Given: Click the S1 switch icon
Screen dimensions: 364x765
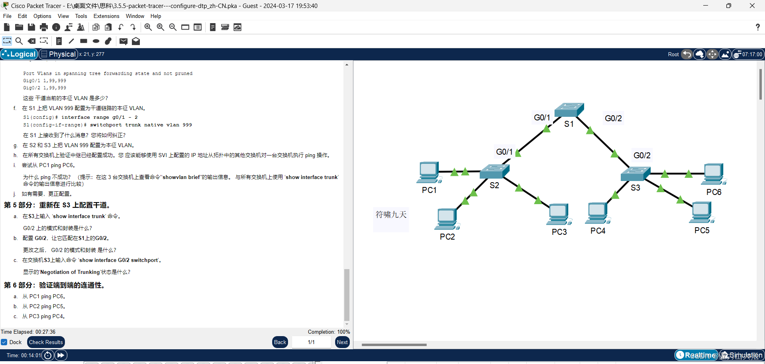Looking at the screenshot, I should tap(569, 110).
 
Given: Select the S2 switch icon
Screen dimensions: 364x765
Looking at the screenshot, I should tap(494, 171).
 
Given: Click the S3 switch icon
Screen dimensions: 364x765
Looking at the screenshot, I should tap(635, 174).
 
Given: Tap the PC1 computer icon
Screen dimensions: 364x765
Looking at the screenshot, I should tap(429, 173).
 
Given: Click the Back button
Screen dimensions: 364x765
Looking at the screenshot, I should tap(280, 342).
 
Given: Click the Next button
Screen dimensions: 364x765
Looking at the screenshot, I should tap(342, 342).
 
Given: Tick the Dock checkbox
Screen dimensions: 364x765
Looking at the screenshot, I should tap(4, 342).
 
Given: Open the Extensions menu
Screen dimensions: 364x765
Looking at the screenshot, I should tap(106, 16).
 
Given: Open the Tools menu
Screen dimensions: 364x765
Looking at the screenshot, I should tap(81, 16).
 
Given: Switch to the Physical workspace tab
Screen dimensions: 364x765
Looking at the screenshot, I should tap(59, 54).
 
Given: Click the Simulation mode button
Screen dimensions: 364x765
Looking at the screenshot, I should tap(741, 355).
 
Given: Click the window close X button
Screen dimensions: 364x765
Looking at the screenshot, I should tap(752, 6).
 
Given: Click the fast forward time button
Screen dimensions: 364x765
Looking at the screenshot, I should tap(61, 355).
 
